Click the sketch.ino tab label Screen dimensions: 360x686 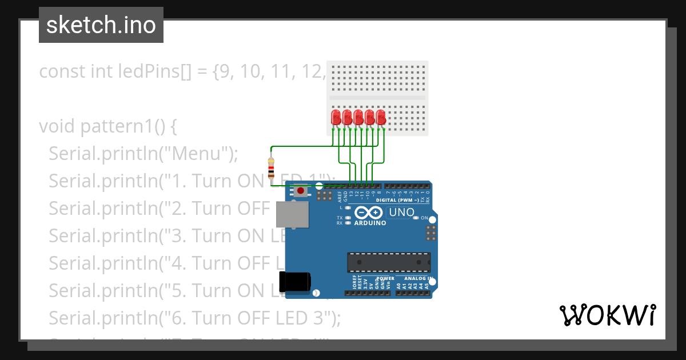tap(101, 25)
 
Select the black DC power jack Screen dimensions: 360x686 tap(295, 282)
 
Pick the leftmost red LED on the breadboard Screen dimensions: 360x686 tap(336, 118)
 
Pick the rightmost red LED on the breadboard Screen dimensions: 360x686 tap(381, 118)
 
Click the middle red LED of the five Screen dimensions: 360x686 tap(358, 118)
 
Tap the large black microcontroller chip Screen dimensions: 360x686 tap(389, 262)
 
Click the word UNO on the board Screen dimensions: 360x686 tap(401, 213)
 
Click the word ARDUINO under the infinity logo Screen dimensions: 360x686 tap(370, 223)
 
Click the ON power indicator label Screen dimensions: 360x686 tap(424, 218)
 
